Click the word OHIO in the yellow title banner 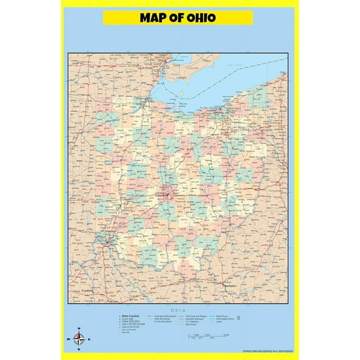[199, 17]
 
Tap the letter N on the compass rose [78, 329]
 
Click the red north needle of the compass [78, 336]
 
